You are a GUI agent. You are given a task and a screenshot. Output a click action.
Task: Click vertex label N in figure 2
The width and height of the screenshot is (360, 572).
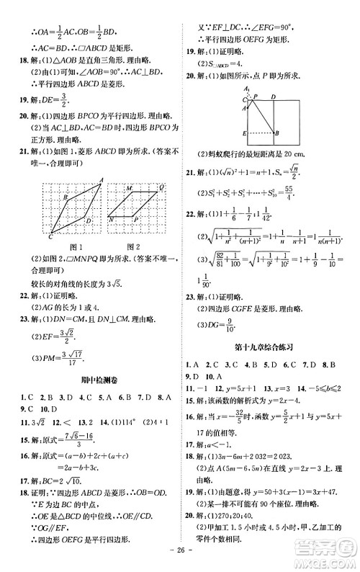111,215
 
